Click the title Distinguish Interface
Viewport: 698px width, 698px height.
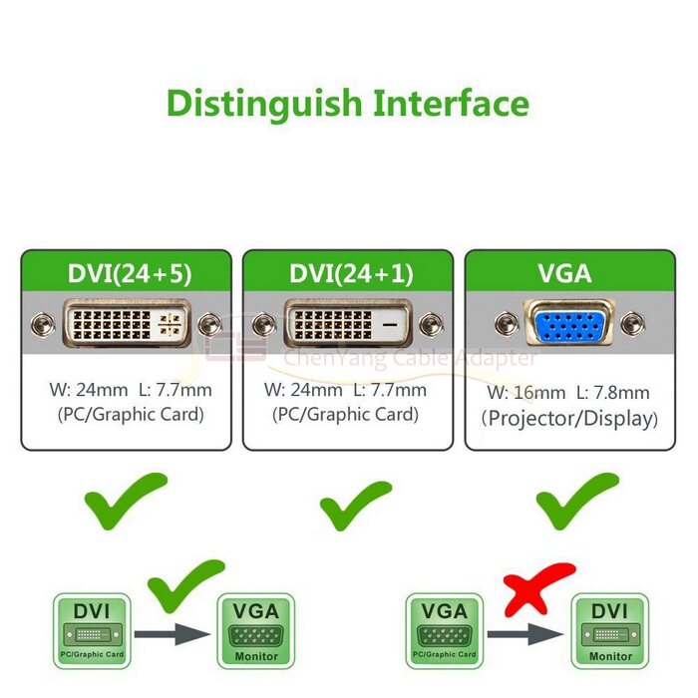coord(347,103)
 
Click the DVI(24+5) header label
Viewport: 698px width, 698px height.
coord(126,274)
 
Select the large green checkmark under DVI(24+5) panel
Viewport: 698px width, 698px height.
coord(125,502)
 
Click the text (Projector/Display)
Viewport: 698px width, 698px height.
coord(569,419)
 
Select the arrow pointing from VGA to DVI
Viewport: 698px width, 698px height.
coord(523,633)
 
